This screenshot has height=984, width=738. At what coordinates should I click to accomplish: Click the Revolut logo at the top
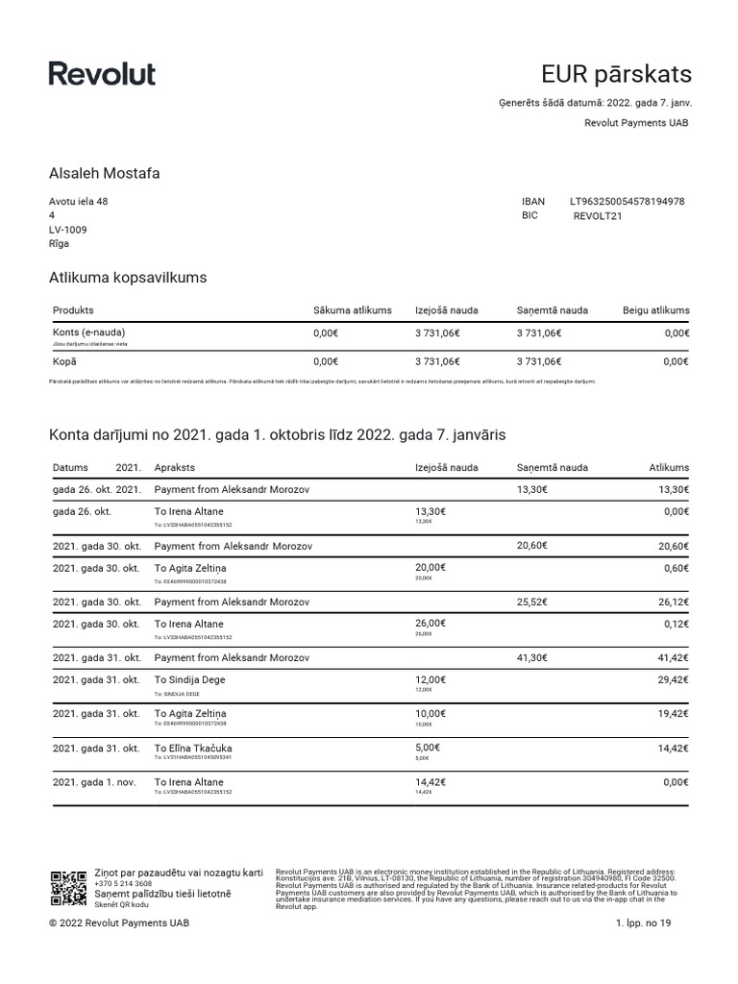click(x=102, y=74)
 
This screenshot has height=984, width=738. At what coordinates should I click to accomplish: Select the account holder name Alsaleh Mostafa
click(x=104, y=174)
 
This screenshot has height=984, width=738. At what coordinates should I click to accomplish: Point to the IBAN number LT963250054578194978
click(x=627, y=202)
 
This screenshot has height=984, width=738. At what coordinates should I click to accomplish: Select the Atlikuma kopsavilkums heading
click(x=128, y=278)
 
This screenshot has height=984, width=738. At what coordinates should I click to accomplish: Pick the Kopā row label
click(x=64, y=361)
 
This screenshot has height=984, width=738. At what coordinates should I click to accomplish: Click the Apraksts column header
click(x=175, y=468)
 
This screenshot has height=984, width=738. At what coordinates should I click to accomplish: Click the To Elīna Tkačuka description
click(x=193, y=748)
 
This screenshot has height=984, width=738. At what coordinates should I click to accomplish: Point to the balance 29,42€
click(x=673, y=680)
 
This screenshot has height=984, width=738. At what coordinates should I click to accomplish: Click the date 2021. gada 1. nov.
click(x=95, y=782)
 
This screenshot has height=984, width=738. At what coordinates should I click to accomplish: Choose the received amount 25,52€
click(x=531, y=602)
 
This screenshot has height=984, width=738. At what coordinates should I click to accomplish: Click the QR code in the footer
click(x=68, y=889)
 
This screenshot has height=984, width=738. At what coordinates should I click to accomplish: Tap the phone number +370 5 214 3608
click(x=123, y=883)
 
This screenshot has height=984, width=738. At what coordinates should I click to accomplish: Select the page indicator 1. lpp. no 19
click(x=651, y=922)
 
